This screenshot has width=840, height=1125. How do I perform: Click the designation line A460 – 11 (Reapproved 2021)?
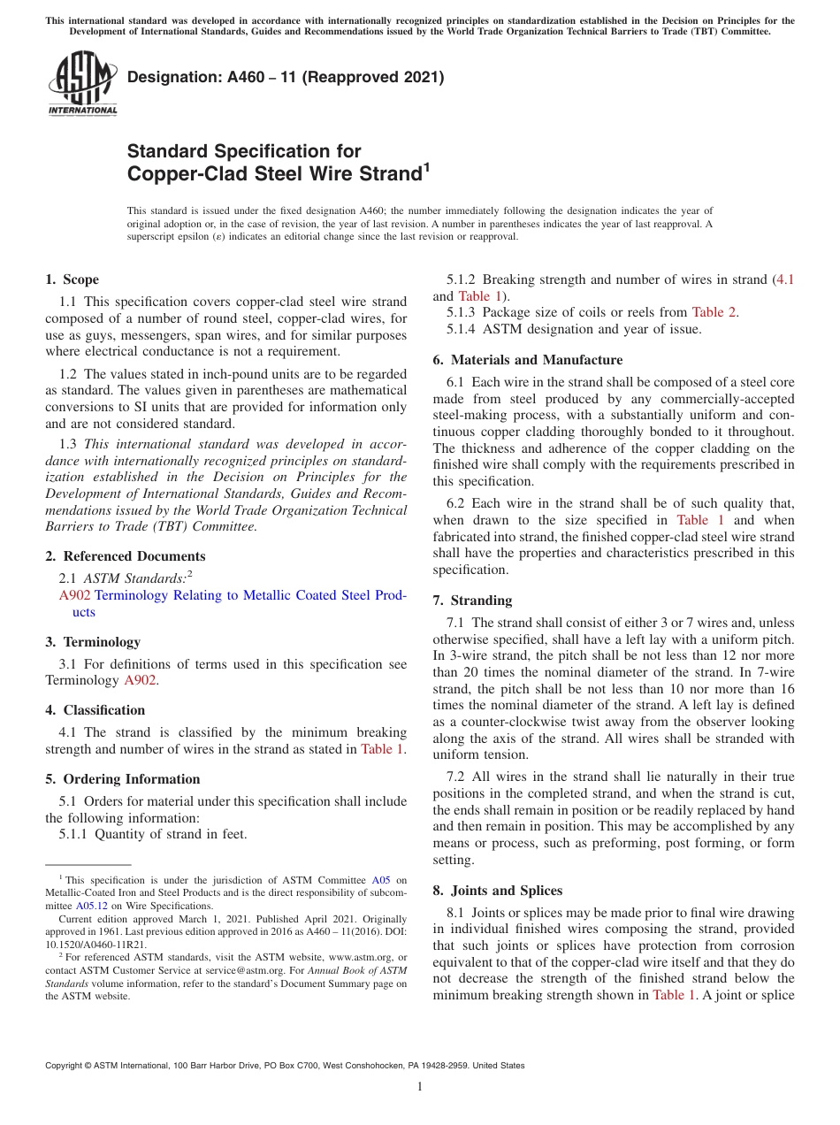[286, 78]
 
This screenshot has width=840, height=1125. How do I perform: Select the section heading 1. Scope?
[72, 279]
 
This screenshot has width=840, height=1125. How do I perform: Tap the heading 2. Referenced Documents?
[125, 556]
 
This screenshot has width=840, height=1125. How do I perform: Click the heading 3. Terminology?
[93, 642]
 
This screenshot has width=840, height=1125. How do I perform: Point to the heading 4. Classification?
[95, 710]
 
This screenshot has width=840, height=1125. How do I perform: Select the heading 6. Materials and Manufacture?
[527, 360]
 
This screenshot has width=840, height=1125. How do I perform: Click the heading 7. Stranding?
[472, 601]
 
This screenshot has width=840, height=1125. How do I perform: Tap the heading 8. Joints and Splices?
[498, 891]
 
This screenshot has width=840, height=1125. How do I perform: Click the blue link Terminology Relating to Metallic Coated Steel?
[250, 595]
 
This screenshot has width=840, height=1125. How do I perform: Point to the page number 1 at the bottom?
[420, 1087]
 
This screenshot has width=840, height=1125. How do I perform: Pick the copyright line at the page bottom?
[285, 1066]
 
